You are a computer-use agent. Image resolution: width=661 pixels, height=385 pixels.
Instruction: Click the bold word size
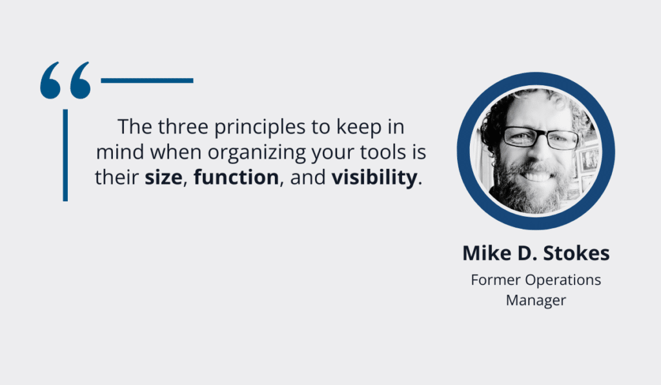(163, 177)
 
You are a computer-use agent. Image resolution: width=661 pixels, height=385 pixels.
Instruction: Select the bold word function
(236, 177)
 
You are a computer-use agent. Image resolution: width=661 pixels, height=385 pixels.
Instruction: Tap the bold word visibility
(374, 178)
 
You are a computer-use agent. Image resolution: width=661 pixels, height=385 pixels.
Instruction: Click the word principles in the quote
(259, 127)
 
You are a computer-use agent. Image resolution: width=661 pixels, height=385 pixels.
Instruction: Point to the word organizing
(256, 152)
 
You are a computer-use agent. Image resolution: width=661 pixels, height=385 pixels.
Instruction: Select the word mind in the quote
(120, 152)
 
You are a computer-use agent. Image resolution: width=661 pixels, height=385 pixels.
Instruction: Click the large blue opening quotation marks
(65, 81)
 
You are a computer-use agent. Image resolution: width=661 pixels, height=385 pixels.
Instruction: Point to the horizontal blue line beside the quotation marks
(147, 81)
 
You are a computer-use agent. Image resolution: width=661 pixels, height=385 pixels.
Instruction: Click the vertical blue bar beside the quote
(65, 155)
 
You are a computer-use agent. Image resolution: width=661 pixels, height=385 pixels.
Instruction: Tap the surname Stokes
(576, 253)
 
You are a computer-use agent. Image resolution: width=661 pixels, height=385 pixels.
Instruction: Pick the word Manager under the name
(536, 301)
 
